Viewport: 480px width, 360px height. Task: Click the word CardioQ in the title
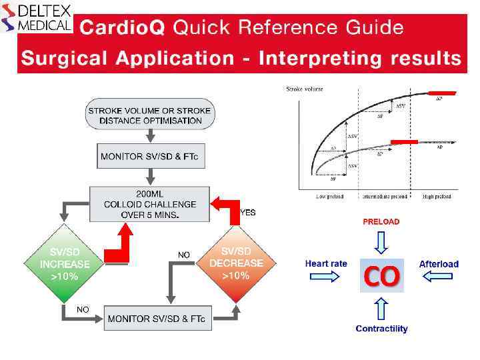pyautogui.click(x=123, y=28)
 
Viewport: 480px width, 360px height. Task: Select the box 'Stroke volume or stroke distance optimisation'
pyautogui.click(x=149, y=115)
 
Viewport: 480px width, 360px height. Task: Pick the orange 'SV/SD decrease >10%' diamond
pyautogui.click(x=235, y=264)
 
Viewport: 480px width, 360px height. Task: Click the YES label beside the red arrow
pyautogui.click(x=248, y=213)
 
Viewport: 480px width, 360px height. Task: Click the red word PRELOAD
pyautogui.click(x=381, y=222)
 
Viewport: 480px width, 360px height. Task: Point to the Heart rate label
pyautogui.click(x=326, y=264)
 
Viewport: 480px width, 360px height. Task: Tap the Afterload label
pyautogui.click(x=439, y=264)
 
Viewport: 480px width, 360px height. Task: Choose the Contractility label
pyautogui.click(x=381, y=329)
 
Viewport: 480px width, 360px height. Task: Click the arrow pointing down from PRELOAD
pyautogui.click(x=381, y=242)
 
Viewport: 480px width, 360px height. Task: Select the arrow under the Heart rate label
pyautogui.click(x=325, y=277)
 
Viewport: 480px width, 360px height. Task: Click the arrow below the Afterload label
pyautogui.click(x=438, y=277)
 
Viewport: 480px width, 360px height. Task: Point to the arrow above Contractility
pyautogui.click(x=381, y=309)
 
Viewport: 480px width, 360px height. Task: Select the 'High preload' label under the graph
pyautogui.click(x=437, y=197)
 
